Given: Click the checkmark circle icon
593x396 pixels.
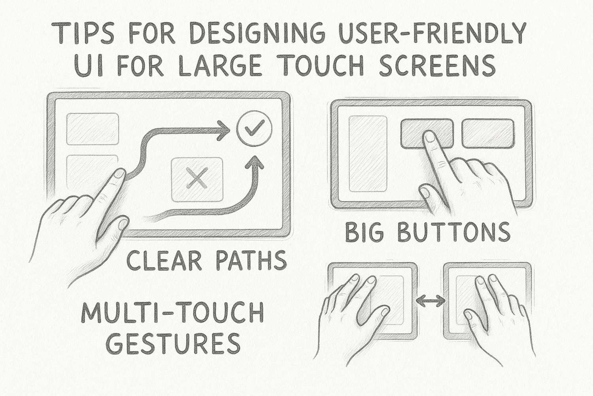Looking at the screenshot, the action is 254,128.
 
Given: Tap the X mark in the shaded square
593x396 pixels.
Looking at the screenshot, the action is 197,178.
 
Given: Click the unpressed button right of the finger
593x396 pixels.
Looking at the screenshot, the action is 488,133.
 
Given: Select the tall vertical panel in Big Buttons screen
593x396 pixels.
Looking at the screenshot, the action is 368,154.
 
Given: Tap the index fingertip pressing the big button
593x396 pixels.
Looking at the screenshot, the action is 428,137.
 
